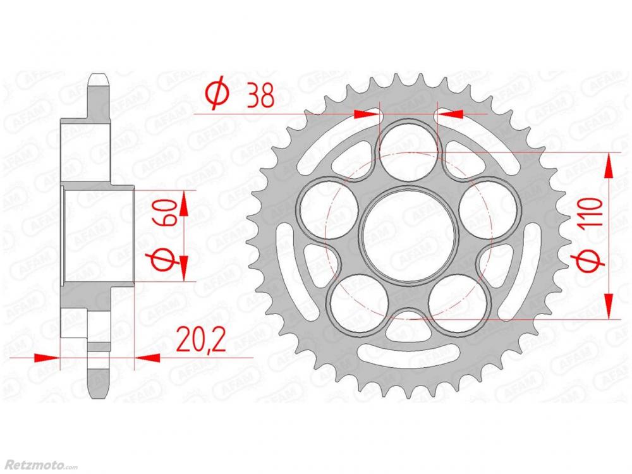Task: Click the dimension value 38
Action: click(x=260, y=95)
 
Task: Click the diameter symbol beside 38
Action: click(x=218, y=95)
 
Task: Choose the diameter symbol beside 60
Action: click(x=165, y=258)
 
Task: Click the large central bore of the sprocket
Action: click(x=409, y=236)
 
